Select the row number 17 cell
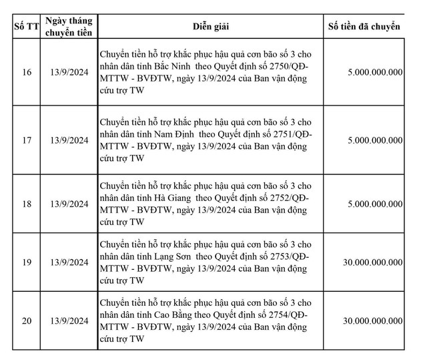[26, 140]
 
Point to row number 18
[26, 203]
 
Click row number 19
[26, 262]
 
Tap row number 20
[26, 321]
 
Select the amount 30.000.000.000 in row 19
[369, 262]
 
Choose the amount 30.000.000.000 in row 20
[369, 322]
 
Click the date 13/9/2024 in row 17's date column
[70, 140]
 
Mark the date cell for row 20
[70, 321]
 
